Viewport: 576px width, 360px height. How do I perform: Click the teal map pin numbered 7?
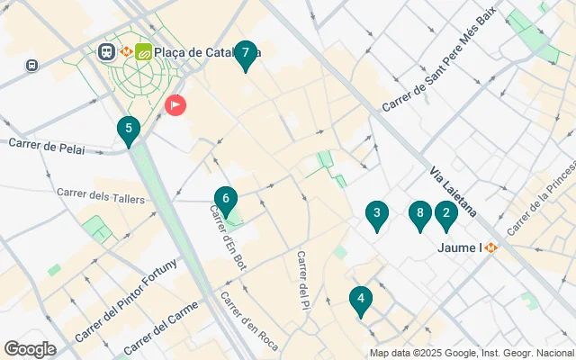tap(245, 54)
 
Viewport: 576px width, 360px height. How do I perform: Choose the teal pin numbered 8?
tap(418, 214)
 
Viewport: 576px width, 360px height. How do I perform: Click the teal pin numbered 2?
tap(445, 214)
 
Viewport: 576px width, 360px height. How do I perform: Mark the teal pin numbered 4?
tap(361, 300)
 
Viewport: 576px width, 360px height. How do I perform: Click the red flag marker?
tap(175, 105)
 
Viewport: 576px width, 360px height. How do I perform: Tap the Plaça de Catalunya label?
tap(207, 52)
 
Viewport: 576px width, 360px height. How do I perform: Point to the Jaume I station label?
tap(460, 247)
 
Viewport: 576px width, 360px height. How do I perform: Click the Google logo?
tap(30, 349)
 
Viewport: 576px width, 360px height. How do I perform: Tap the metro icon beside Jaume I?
tap(490, 247)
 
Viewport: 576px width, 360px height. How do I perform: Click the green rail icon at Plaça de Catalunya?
tap(143, 52)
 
